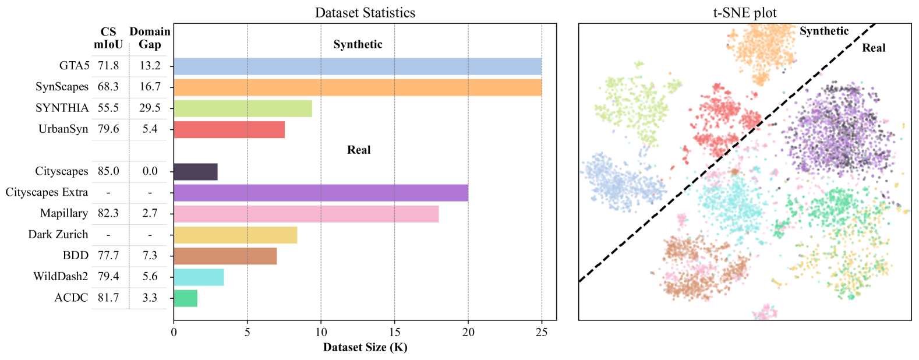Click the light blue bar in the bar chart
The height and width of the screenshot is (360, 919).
pos(358,66)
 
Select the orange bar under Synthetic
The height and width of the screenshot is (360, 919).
pos(358,87)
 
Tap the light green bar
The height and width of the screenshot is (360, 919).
pos(243,109)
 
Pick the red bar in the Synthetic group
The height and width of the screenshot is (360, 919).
pos(229,130)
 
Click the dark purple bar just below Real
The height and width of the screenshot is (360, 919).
pos(196,172)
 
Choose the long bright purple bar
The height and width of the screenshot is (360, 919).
pos(321,193)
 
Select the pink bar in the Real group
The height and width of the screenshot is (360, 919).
pos(306,214)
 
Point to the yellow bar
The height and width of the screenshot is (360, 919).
pos(235,235)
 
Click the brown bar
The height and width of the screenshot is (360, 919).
pos(225,256)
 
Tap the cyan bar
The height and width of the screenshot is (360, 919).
pos(199,277)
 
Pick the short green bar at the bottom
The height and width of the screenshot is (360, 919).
pos(186,298)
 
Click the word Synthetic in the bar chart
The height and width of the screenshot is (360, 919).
pos(358,44)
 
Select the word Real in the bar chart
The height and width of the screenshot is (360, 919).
pos(359,150)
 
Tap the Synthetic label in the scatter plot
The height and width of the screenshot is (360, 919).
pos(824,31)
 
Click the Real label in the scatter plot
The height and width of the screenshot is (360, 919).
pos(874,48)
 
